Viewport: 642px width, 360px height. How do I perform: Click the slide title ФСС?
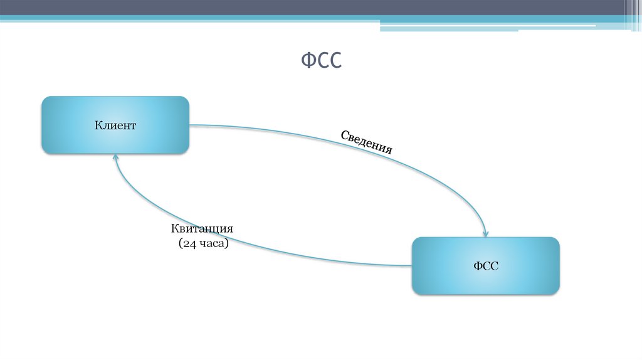(x=321, y=61)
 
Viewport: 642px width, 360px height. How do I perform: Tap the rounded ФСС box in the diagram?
(x=485, y=281)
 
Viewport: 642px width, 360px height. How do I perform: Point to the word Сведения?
(x=367, y=142)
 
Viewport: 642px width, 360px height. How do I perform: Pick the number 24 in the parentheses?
(x=189, y=244)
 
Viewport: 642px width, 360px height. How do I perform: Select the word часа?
(x=212, y=244)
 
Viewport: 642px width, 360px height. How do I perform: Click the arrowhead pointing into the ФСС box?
(x=485, y=231)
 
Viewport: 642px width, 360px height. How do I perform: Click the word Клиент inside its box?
(x=115, y=125)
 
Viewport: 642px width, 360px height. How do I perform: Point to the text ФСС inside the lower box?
(x=485, y=266)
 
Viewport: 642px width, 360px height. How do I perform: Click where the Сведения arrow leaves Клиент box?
(x=191, y=125)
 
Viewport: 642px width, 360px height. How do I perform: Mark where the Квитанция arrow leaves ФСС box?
(x=410, y=265)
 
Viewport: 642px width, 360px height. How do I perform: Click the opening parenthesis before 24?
(x=179, y=244)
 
